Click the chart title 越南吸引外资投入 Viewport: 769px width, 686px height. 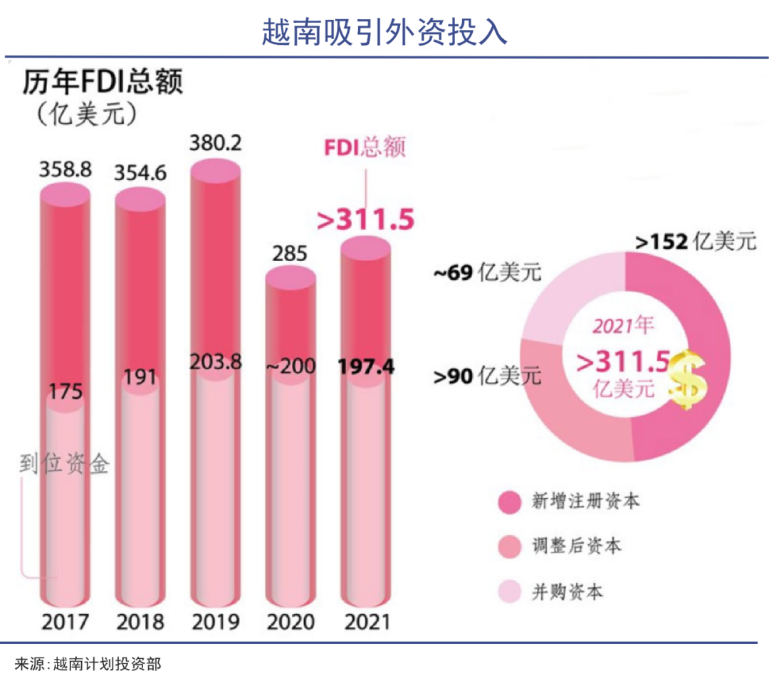384,31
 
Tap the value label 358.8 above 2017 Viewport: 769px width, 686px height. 66,171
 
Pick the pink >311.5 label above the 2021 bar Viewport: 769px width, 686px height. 365,220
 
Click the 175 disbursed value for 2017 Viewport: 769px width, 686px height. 66,392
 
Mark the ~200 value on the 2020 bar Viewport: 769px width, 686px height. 288,367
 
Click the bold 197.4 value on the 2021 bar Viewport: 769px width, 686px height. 365,367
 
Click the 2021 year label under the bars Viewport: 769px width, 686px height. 367,622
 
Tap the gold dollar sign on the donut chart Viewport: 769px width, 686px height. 687,379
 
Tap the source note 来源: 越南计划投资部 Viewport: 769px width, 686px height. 88,665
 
